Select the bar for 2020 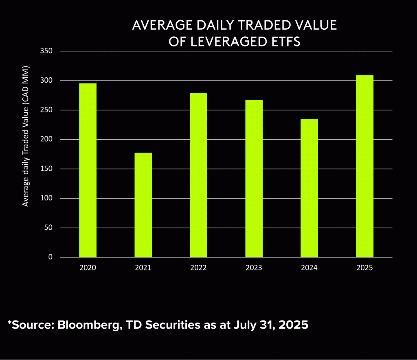point(88,170)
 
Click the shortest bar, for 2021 point(143,205)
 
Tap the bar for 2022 point(198,175)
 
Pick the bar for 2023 point(254,178)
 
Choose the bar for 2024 point(309,188)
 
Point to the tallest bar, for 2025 point(364,166)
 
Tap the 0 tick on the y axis point(51,257)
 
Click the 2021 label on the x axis point(143,268)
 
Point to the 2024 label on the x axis point(309,268)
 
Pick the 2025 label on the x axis point(364,268)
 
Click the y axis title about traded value point(26,135)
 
